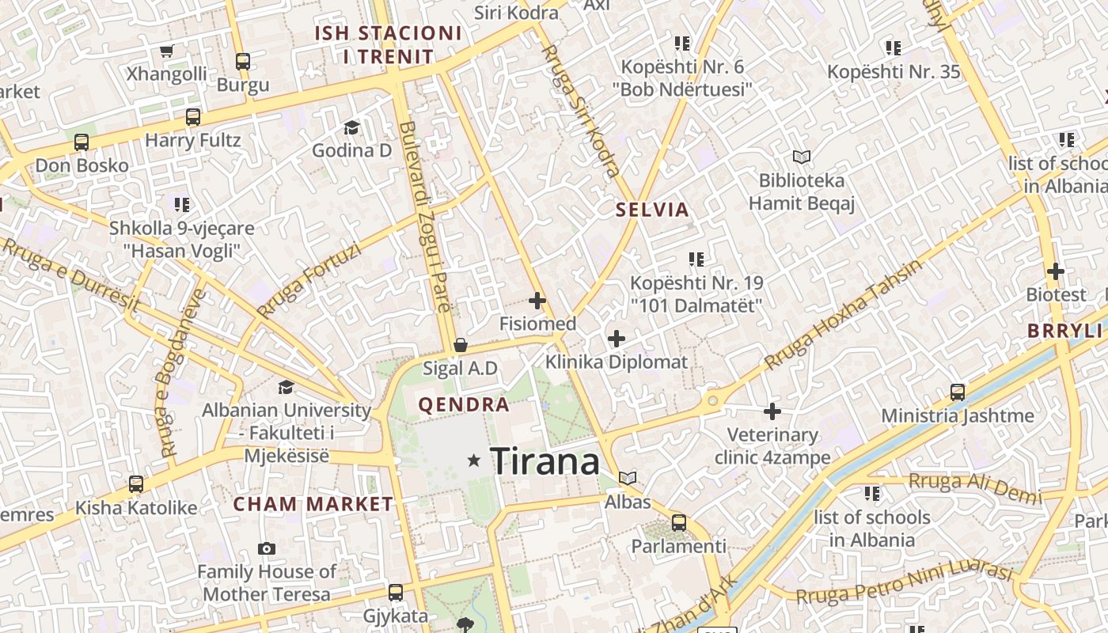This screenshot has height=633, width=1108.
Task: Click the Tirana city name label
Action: point(545,461)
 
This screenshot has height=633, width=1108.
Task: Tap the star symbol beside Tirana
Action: point(474,460)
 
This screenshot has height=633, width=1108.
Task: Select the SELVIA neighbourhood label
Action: point(652,210)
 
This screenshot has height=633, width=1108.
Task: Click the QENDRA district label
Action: point(463,405)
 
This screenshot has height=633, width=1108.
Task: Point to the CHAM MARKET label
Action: point(313,504)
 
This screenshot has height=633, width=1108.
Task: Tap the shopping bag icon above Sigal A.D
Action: point(460,346)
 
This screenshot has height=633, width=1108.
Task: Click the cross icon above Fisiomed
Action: point(537,301)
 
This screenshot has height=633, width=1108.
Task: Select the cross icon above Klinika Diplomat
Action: point(616,339)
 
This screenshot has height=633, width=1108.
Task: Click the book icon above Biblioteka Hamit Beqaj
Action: point(802,157)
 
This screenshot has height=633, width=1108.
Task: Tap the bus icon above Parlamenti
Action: point(678,522)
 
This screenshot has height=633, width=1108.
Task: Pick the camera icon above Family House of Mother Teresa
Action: point(267,548)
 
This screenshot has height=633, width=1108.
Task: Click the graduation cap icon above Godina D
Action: point(351,127)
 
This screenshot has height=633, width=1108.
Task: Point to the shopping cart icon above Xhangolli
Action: point(166,51)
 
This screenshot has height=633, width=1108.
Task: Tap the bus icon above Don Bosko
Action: point(82,142)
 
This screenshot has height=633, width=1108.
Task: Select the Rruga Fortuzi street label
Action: point(309,280)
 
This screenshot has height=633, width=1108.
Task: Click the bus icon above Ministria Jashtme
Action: point(957,392)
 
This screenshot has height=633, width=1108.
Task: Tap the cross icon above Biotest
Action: point(1055,271)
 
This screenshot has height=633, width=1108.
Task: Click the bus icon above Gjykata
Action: point(395,592)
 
